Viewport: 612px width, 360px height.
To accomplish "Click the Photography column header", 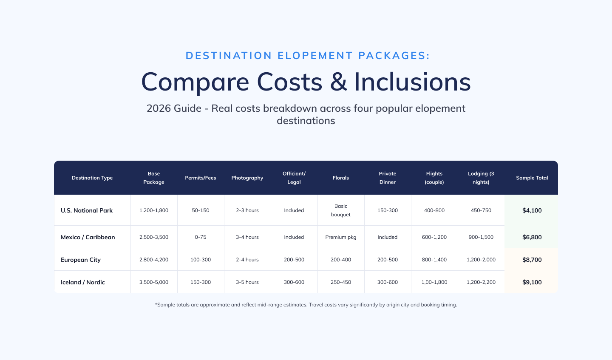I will pyautogui.click(x=247, y=178).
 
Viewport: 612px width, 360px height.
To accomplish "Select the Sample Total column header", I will pyautogui.click(x=532, y=178).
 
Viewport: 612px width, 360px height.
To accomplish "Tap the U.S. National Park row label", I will pyautogui.click(x=87, y=210).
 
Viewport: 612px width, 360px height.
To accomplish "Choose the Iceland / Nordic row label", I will pyautogui.click(x=83, y=282).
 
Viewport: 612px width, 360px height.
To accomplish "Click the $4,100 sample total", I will pyautogui.click(x=532, y=210).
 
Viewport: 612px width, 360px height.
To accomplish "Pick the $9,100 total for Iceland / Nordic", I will pyautogui.click(x=532, y=282).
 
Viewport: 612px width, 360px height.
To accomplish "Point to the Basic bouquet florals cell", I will pyautogui.click(x=341, y=210).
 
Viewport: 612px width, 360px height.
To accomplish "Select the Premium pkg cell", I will pyautogui.click(x=341, y=237).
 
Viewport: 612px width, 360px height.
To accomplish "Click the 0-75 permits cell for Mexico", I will pyautogui.click(x=201, y=237).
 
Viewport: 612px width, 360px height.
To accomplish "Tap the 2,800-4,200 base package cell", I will pyautogui.click(x=154, y=260).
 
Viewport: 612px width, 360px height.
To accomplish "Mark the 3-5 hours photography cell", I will pyautogui.click(x=247, y=282).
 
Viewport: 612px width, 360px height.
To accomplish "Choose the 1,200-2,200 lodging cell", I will pyautogui.click(x=481, y=282).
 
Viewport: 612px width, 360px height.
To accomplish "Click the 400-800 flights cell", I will pyautogui.click(x=434, y=210).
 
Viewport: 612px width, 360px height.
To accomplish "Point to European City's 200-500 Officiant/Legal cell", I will pyautogui.click(x=294, y=260).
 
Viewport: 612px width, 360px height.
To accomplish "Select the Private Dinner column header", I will pyautogui.click(x=388, y=178).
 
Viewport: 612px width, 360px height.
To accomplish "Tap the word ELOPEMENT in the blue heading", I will pyautogui.click(x=315, y=56).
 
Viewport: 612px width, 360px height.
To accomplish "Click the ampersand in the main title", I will pyautogui.click(x=338, y=82).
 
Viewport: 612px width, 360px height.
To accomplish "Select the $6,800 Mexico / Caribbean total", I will pyautogui.click(x=532, y=237).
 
